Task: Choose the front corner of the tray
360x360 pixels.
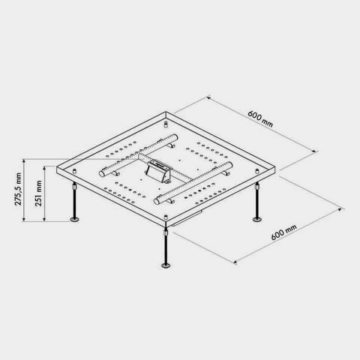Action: pos(166,220)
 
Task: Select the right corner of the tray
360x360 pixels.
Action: pos(277,166)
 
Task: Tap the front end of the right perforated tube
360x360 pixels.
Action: pos(158,200)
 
